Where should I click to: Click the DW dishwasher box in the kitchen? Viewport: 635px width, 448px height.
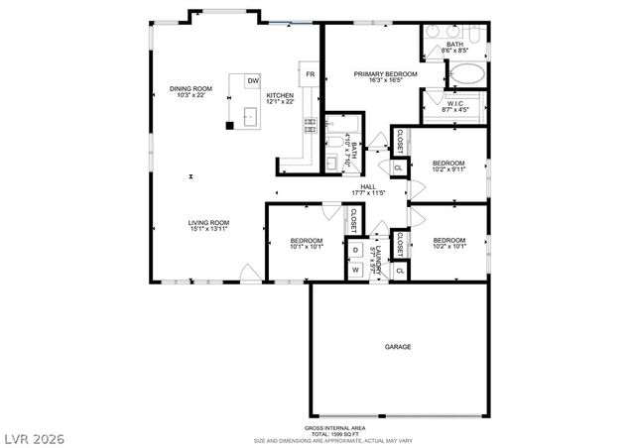point(253,80)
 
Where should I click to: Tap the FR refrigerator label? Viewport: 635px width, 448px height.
point(311,74)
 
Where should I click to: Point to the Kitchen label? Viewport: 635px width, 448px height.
point(281,95)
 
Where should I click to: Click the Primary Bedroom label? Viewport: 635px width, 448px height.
point(386,74)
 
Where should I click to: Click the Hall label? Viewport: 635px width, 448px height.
point(368,186)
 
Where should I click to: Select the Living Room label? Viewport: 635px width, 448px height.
point(209,222)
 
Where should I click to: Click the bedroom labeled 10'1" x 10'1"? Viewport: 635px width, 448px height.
point(306,241)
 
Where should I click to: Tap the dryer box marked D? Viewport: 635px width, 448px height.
point(355,251)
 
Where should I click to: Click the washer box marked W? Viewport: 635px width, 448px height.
point(355,270)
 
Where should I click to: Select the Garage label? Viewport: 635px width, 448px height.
point(398,347)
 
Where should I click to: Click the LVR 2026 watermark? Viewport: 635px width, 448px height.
point(34,434)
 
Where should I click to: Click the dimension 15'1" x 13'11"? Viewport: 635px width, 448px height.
point(209,229)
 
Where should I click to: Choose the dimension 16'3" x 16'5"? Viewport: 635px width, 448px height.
point(386,81)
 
